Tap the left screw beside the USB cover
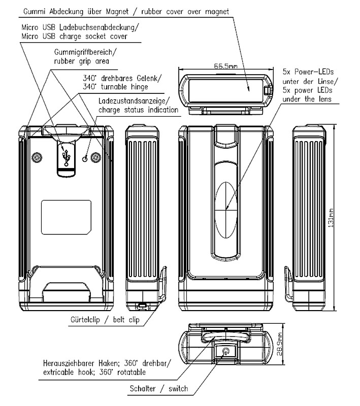pyautogui.click(x=37, y=158)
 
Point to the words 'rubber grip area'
pyautogui.click(x=81, y=61)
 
